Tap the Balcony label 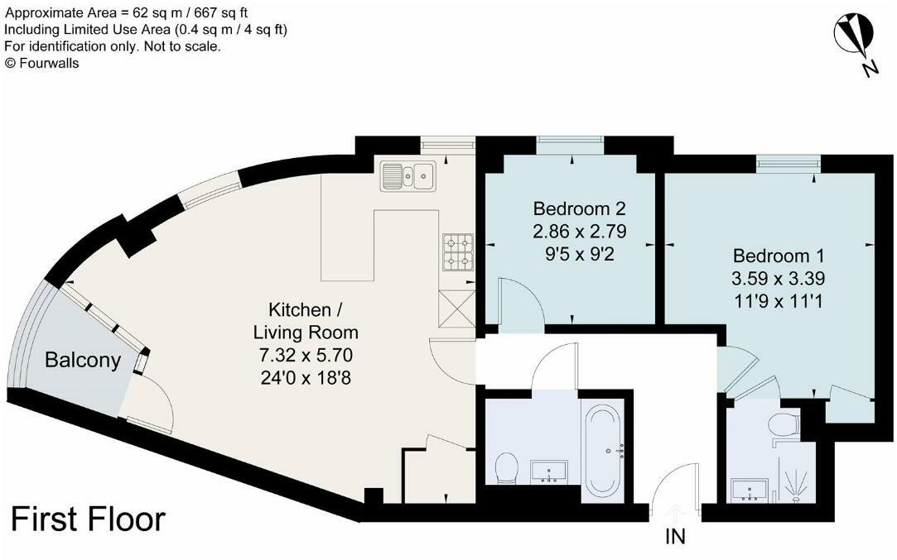pyautogui.click(x=83, y=361)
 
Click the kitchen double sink pyautogui.click(x=408, y=175)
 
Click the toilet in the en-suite pyautogui.click(x=782, y=426)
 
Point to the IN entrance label pyautogui.click(x=676, y=538)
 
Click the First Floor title pyautogui.click(x=88, y=519)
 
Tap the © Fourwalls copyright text pyautogui.click(x=42, y=63)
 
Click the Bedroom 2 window pyautogui.click(x=570, y=146)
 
